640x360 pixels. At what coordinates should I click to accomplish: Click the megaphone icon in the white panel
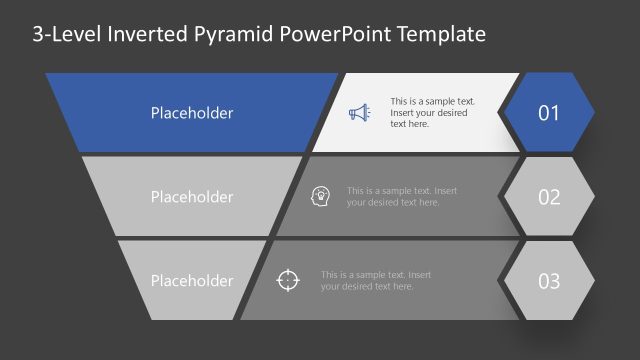[359, 113]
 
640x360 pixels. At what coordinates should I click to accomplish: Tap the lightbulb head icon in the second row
[321, 196]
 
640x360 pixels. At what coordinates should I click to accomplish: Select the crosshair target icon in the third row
[287, 280]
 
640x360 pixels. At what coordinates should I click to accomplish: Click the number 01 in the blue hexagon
[549, 113]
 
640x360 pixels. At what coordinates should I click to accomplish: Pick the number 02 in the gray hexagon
[549, 197]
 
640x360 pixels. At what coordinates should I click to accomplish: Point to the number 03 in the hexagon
[549, 281]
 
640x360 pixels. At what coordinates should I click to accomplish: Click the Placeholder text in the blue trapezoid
[192, 113]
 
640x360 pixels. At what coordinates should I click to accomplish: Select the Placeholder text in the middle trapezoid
[192, 197]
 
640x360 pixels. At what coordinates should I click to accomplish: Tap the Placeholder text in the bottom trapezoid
[192, 281]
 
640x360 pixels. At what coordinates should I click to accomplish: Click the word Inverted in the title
[142, 34]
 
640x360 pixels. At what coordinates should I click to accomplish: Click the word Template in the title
[441, 34]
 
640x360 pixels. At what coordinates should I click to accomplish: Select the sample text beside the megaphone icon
[432, 113]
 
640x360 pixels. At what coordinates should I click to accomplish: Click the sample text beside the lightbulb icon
[402, 196]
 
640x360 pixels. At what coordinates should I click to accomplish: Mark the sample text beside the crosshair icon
[376, 280]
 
